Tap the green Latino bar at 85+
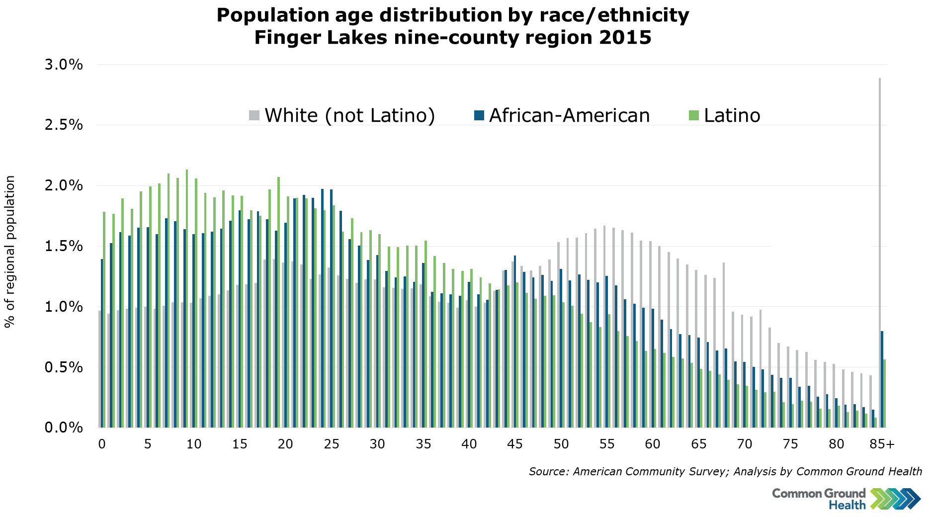(884, 393)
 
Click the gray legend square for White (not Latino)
(254, 116)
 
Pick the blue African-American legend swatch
(479, 116)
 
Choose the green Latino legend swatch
(693, 116)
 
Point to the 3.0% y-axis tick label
(64, 65)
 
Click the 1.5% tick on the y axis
(64, 246)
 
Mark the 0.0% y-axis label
(64, 428)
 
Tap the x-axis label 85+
(882, 444)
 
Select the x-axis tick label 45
(515, 444)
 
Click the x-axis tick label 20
(285, 444)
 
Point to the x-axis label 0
(102, 444)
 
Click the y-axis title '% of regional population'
(10, 252)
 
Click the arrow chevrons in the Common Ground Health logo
(895, 499)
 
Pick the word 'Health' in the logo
(847, 505)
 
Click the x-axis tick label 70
(744, 444)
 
